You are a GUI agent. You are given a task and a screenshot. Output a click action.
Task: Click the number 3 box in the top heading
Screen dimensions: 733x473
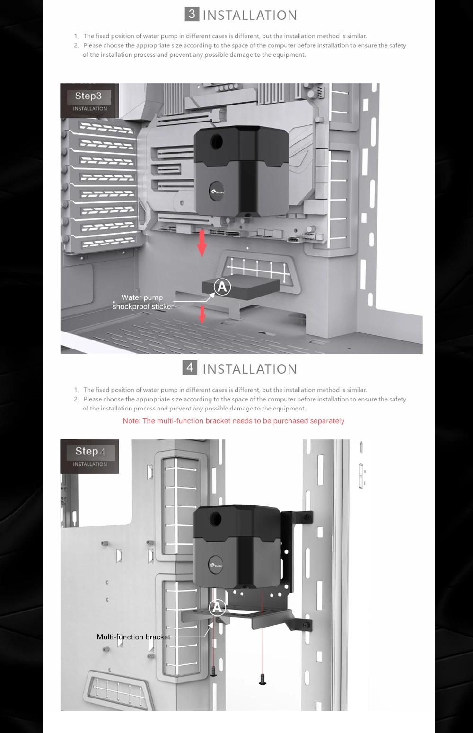192,14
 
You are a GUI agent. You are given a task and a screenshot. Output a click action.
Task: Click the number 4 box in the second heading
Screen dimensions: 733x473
190,367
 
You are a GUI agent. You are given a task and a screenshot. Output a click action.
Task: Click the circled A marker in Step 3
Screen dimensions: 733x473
222,287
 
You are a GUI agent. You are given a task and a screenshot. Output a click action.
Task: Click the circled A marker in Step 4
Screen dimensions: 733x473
217,607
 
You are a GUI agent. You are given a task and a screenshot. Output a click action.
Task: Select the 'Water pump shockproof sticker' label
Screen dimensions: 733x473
142,302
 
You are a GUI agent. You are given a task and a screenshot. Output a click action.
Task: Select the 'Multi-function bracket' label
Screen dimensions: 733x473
133,637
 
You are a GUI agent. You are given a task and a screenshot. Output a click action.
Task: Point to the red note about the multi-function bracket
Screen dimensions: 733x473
233,421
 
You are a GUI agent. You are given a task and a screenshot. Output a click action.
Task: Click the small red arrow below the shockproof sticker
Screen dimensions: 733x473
202,314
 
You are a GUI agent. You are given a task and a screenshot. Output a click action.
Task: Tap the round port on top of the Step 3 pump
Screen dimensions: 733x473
218,140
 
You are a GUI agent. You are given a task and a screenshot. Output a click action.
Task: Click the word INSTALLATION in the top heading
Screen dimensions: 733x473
250,16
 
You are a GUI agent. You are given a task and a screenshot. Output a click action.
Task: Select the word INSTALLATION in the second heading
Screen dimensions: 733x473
250,369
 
